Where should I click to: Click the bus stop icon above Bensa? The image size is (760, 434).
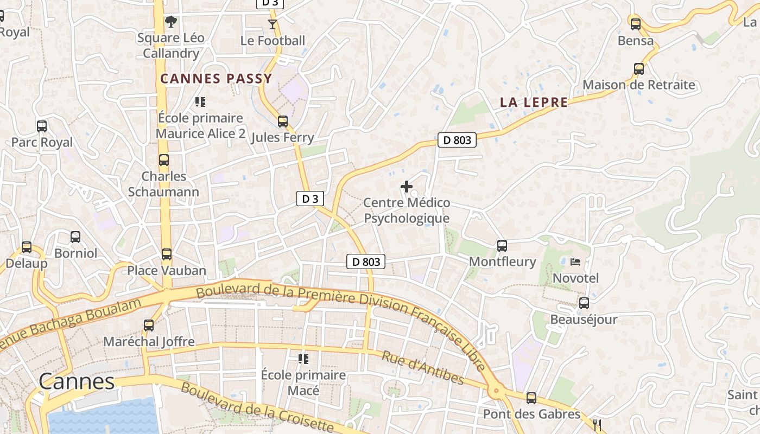tap(635, 24)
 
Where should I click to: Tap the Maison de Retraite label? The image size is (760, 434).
tap(638, 85)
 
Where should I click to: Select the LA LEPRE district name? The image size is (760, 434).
tap(534, 102)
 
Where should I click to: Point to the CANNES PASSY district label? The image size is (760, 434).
tap(216, 79)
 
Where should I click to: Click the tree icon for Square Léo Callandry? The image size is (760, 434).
tap(171, 22)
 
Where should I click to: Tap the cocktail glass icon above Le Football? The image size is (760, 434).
tap(272, 24)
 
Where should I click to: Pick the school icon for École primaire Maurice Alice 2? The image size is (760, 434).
tap(200, 101)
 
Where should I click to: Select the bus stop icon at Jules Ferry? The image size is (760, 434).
tap(282, 121)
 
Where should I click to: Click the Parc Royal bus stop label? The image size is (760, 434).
tap(42, 142)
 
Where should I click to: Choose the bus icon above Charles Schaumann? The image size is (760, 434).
tap(163, 160)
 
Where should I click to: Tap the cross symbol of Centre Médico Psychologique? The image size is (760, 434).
tap(406, 187)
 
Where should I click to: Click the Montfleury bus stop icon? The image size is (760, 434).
tap(502, 245)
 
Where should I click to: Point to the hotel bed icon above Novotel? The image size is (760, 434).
tap(575, 262)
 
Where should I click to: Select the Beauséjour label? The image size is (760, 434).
tap(584, 319)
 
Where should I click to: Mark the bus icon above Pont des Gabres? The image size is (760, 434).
tap(531, 398)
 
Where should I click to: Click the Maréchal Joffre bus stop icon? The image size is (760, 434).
tap(148, 325)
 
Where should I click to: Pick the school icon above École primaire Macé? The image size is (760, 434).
tap(303, 359)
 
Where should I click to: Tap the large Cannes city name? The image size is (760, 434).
tap(77, 381)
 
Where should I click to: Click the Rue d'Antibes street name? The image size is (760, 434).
tap(422, 368)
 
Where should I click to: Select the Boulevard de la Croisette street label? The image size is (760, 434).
tap(256, 407)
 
